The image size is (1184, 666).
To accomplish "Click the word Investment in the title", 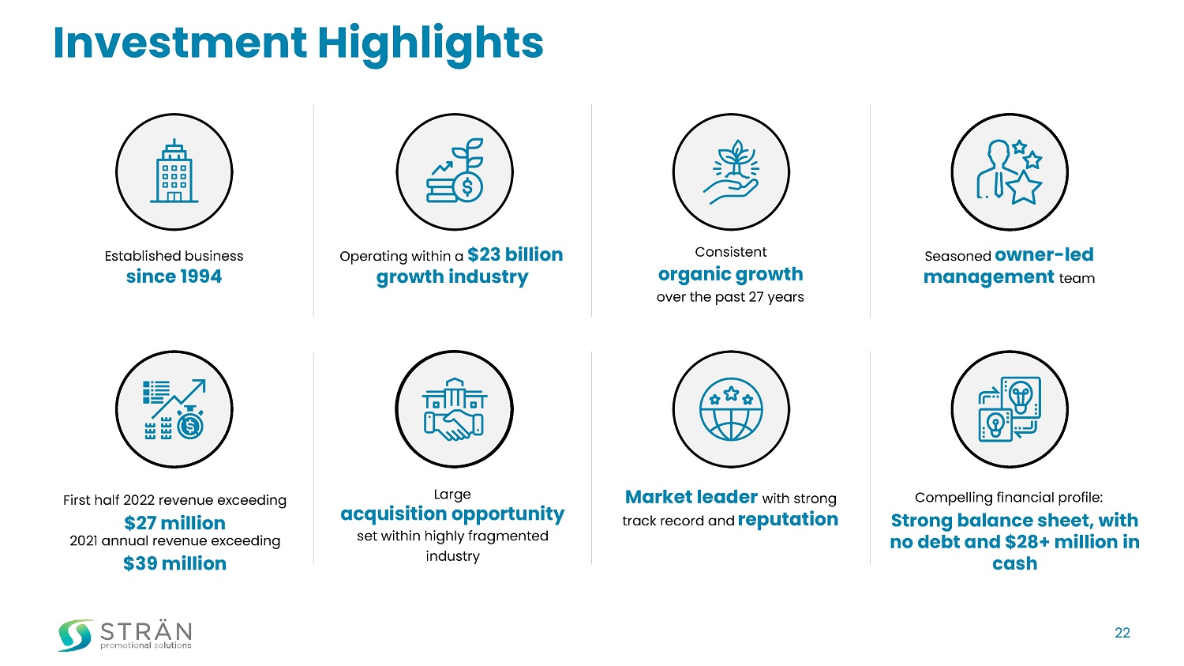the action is pos(180,43).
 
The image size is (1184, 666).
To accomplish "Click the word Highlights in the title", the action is pos(430,45).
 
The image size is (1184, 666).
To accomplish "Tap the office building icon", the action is pos(174,171).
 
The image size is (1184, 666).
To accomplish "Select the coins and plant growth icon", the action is pos(455,171).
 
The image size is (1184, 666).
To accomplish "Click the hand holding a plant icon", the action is pos(731,172).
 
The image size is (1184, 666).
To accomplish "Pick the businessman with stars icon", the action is pos(1009,172).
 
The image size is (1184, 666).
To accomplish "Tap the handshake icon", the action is pos(454,409).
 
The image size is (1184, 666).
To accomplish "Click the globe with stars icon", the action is pos(731,409).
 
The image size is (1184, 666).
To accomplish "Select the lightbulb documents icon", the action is pos(1009,409).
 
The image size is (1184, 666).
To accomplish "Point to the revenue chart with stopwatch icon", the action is pos(174,409).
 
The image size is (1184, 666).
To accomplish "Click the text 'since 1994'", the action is pos(174,277).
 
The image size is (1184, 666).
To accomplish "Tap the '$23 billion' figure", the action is pos(515,254).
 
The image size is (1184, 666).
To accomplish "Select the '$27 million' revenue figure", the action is pos(174,523).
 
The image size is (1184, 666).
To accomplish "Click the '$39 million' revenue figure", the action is pos(174,563).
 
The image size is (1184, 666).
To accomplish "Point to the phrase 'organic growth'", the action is pos(730,275).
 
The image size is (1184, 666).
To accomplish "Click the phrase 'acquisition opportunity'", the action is pos(452,514).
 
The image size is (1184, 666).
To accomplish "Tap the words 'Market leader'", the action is pos(691,497).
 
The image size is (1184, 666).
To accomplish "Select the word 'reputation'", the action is pos(788,520).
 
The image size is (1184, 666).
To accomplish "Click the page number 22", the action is pos(1122,633).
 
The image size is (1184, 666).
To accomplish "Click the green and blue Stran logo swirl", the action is pos(75,634).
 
